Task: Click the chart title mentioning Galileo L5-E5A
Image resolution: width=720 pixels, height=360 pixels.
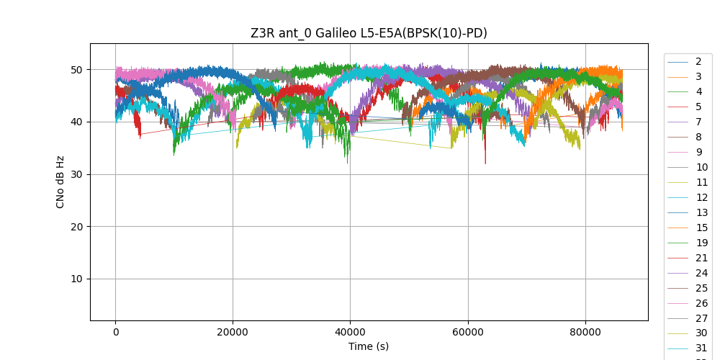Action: point(369,33)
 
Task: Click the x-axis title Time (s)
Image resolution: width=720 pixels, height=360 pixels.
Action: point(369,346)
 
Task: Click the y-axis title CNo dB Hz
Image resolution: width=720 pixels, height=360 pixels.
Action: point(60,182)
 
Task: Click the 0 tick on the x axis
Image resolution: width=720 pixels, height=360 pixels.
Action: point(115,332)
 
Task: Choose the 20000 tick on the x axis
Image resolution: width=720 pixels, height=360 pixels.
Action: point(233,332)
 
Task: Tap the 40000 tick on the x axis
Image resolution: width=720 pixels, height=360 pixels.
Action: point(350,332)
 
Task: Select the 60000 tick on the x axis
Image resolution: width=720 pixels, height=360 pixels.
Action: point(468,332)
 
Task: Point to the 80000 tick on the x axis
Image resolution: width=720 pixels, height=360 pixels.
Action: point(585,332)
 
